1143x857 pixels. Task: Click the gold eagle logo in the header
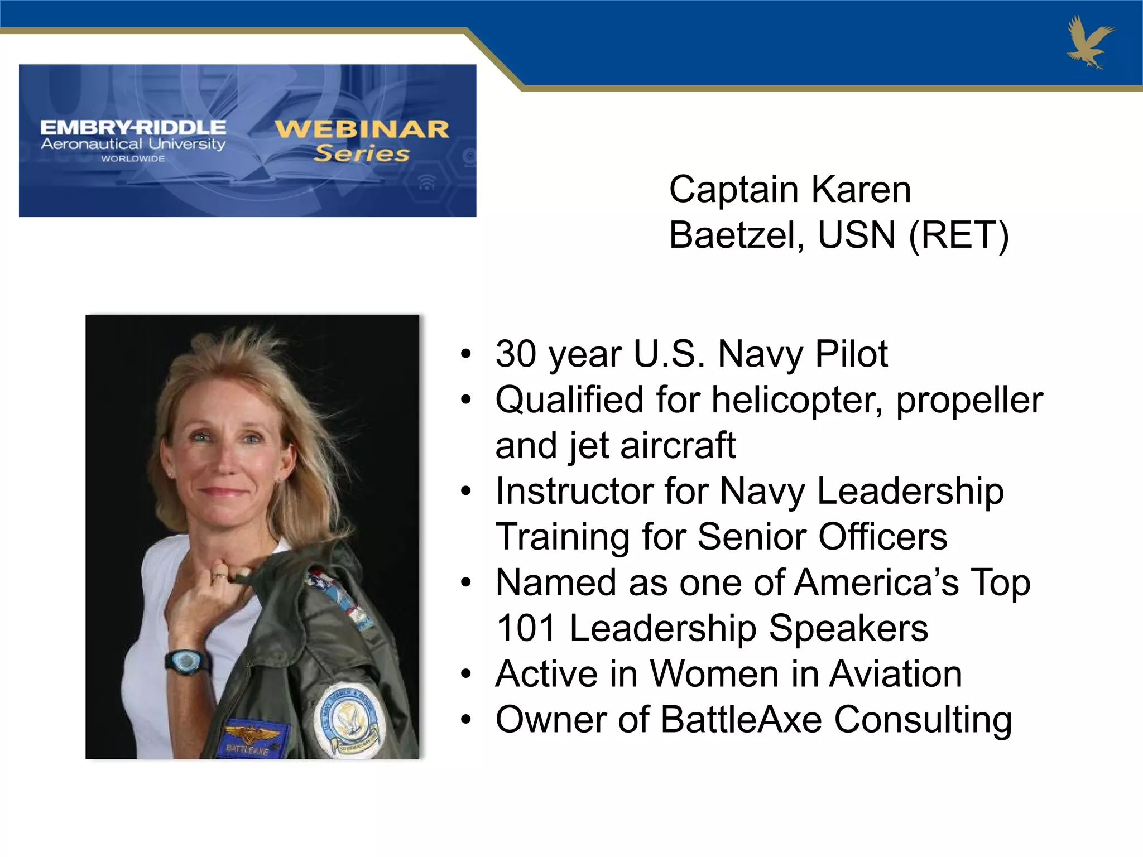pos(1089,42)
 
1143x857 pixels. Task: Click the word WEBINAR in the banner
pos(362,129)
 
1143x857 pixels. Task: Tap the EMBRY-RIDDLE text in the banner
pos(133,127)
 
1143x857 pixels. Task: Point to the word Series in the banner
pos(361,153)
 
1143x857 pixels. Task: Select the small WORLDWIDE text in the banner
pos(133,159)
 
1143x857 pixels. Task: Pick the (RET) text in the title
pos(959,235)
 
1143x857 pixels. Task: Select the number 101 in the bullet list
pos(526,628)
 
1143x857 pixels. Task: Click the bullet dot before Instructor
pos(466,492)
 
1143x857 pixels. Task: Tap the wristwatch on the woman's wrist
pos(186,662)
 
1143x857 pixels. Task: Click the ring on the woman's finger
pos(218,575)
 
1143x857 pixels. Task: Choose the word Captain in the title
pos(733,190)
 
